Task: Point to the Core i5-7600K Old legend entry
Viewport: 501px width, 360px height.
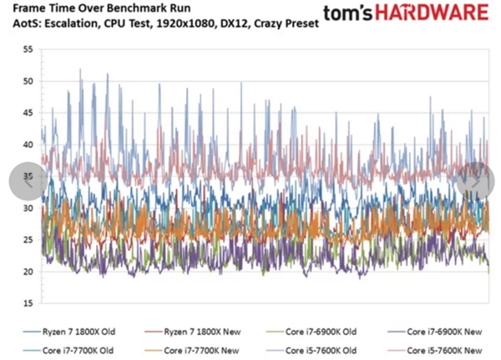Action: click(309, 349)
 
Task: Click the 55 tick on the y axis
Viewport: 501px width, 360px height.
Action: click(28, 49)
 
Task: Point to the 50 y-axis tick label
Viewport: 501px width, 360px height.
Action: click(28, 81)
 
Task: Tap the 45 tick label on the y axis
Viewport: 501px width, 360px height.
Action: click(28, 113)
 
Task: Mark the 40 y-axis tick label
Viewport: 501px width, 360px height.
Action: click(28, 145)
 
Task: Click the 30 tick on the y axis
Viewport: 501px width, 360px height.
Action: click(28, 208)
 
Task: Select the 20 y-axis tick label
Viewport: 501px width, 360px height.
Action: click(28, 271)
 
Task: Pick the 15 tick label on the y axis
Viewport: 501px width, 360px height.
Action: click(28, 303)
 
